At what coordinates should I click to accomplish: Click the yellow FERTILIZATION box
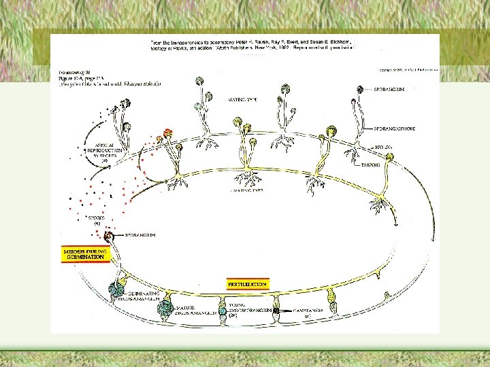click(248, 283)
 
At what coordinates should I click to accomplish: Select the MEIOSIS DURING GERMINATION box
click(86, 254)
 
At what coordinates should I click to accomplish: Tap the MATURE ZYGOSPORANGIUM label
click(198, 311)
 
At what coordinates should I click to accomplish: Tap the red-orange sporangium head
click(168, 133)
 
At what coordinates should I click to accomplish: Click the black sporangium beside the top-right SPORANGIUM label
click(361, 89)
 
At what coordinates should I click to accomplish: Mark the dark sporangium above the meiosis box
click(109, 237)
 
